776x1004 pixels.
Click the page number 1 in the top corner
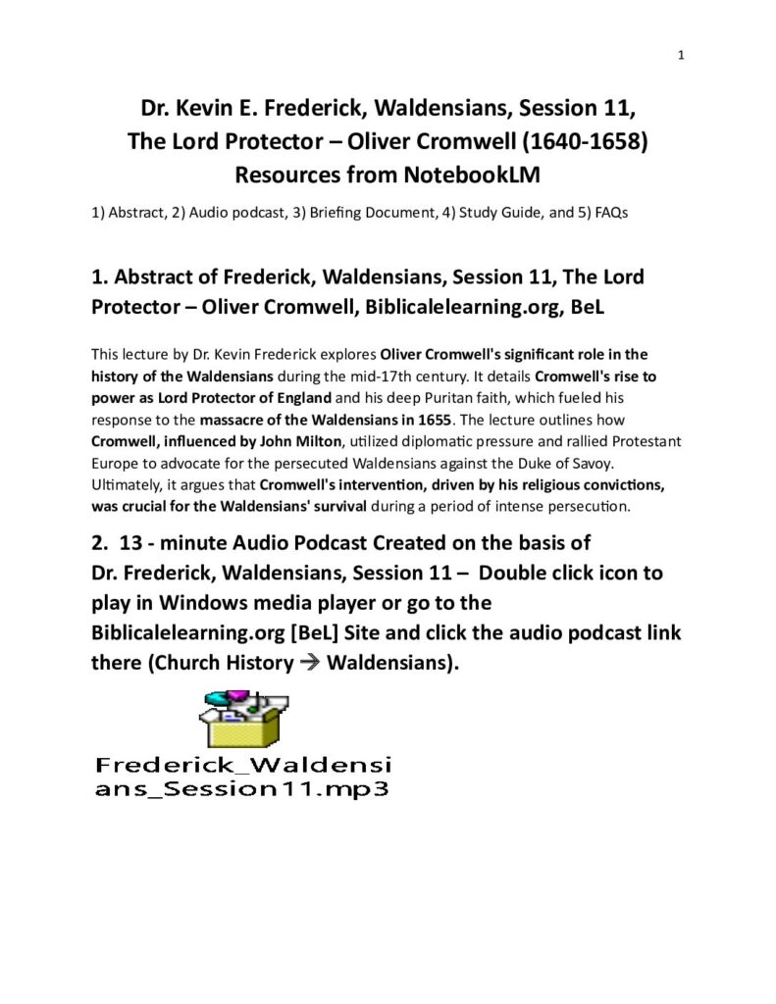point(680,55)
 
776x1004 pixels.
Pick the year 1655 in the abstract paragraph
point(428,421)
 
